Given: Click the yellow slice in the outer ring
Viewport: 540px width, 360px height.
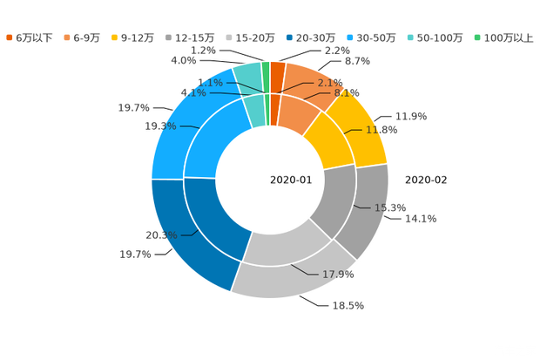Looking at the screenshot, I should click(x=366, y=131).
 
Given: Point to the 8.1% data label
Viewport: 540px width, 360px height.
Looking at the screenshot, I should click(x=347, y=92).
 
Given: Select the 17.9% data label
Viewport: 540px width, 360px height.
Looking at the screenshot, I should click(x=339, y=274).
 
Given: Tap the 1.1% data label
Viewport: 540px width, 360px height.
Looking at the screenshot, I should click(x=210, y=83).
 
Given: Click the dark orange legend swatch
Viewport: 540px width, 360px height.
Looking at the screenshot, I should click(x=9, y=37).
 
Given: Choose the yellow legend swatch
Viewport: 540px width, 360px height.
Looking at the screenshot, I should click(x=115, y=37).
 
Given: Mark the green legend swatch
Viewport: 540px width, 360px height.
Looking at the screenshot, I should click(x=476, y=37).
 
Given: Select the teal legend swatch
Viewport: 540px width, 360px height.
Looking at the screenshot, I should click(x=409, y=37).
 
